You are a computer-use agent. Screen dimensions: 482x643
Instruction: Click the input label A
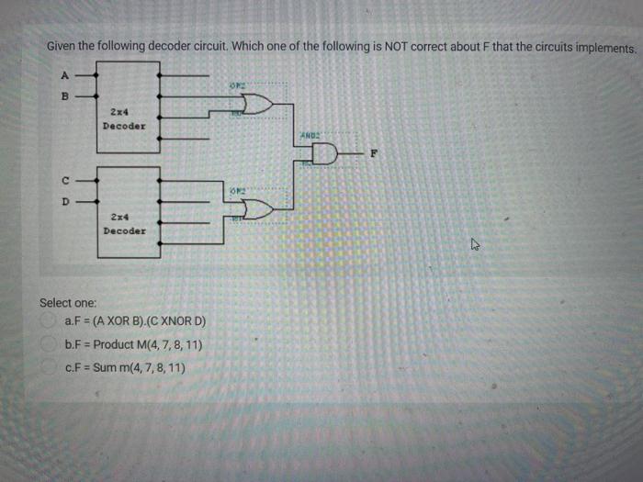(x=64, y=75)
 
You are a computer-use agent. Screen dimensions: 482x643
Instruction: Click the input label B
(x=64, y=95)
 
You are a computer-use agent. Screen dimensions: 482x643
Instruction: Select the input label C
(x=64, y=179)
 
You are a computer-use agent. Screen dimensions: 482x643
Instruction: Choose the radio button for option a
(x=52, y=321)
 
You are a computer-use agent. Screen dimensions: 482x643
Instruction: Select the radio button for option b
(x=52, y=345)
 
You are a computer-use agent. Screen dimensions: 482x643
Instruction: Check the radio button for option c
(x=52, y=368)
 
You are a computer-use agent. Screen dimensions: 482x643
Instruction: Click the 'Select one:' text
(x=73, y=302)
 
